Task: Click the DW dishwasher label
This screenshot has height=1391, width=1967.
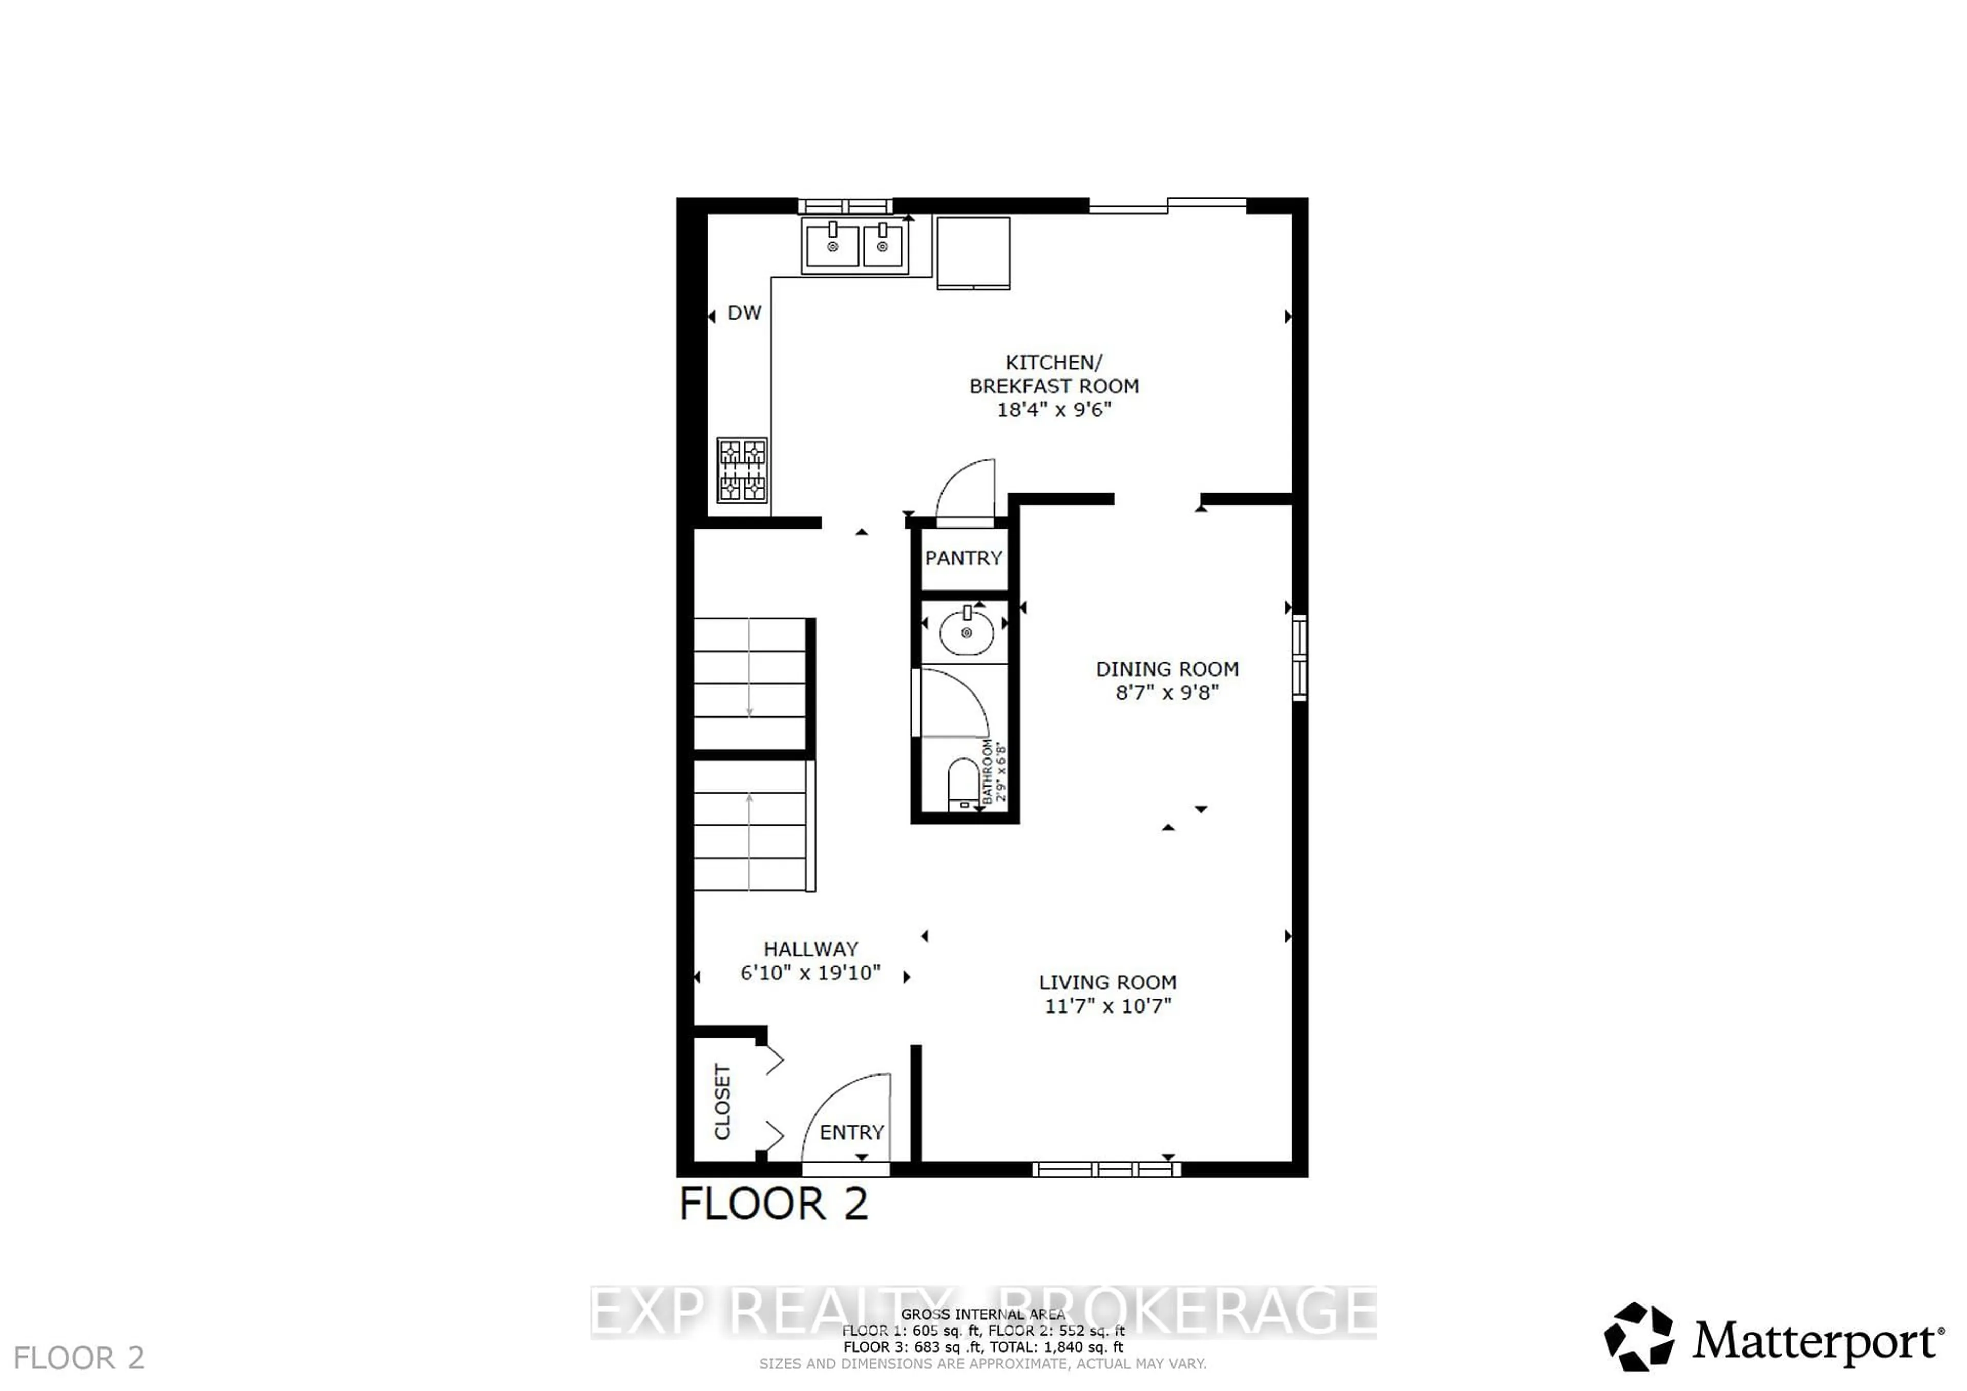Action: [744, 312]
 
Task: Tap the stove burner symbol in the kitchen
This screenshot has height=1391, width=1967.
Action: [742, 470]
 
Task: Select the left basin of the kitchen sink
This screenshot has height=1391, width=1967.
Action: [832, 246]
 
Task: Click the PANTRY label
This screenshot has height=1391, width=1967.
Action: [963, 558]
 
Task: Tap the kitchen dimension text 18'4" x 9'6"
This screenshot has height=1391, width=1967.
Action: [1054, 409]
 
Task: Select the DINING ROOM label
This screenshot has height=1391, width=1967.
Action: [1167, 669]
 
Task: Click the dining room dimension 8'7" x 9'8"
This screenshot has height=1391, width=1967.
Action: [1167, 692]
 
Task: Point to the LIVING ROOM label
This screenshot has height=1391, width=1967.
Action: [1107, 982]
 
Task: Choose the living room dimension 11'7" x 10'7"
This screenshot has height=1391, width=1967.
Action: [1107, 1005]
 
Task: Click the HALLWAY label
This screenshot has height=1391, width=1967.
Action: [810, 949]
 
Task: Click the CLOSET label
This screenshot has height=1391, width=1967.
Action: [722, 1102]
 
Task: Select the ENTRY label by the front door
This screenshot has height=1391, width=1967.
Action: [851, 1132]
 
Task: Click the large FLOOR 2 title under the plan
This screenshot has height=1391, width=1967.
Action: [773, 1204]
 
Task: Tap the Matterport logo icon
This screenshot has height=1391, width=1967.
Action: [1638, 1337]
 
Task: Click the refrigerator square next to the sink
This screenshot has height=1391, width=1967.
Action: [973, 252]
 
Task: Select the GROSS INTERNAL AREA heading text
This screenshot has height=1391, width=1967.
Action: [982, 1314]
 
